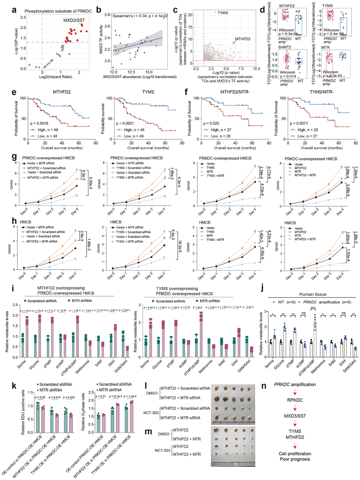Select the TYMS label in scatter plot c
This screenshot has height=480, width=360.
click(223, 12)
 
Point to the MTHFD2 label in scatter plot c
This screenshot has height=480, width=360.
click(243, 39)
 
